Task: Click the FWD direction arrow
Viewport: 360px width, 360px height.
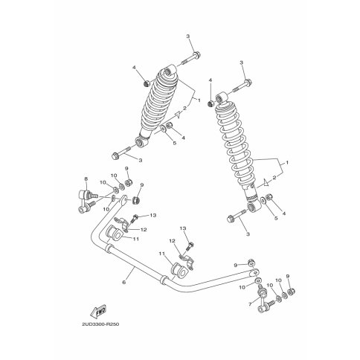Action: pyautogui.click(x=98, y=312)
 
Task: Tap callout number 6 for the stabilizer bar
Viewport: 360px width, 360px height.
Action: pyautogui.click(x=124, y=282)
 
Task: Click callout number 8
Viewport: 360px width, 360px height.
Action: pyautogui.click(x=86, y=179)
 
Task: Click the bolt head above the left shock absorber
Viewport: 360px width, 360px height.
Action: pyautogui.click(x=196, y=54)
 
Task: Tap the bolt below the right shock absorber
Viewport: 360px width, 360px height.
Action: pyautogui.click(x=237, y=216)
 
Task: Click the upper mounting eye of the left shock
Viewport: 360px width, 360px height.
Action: pyautogui.click(x=170, y=70)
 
